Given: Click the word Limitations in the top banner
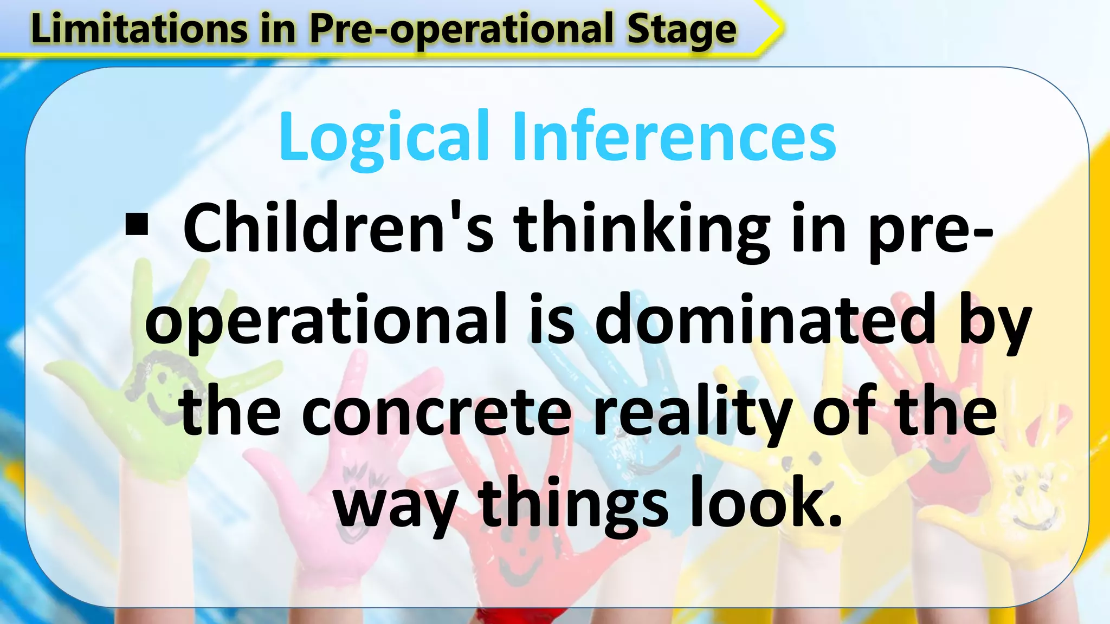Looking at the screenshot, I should click(138, 29).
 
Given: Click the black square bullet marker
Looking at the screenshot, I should click(137, 225).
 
